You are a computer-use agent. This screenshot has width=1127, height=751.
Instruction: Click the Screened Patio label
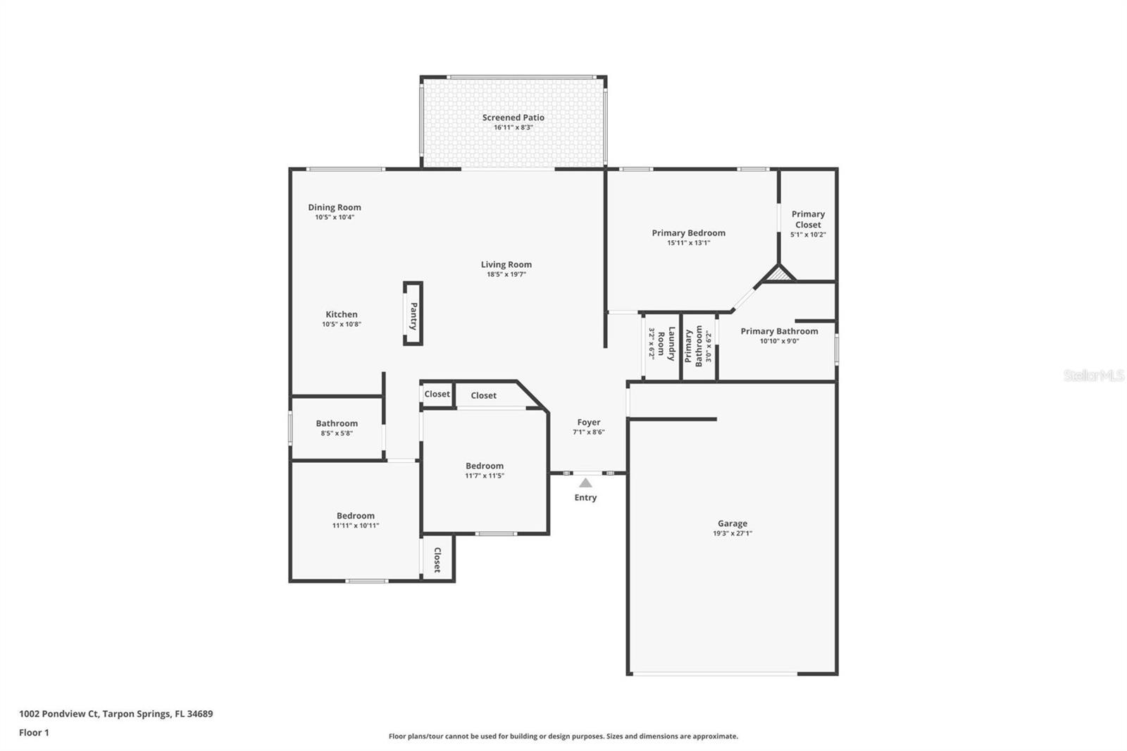513,118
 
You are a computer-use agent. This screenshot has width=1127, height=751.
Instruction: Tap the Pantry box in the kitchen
413,314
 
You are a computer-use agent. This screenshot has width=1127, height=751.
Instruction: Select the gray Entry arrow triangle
585,483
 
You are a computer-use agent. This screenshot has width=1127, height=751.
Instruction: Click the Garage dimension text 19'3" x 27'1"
732,533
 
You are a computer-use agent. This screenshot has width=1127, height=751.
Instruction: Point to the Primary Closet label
808,219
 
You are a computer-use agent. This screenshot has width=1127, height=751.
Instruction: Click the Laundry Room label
666,345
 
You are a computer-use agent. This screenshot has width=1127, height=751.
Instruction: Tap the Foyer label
589,423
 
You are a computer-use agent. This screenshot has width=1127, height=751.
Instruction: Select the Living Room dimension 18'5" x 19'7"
506,275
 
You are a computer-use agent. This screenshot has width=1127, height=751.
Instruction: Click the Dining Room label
335,207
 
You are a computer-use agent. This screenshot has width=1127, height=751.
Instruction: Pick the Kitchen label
342,314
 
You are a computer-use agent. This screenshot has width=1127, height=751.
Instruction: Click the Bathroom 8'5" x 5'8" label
337,423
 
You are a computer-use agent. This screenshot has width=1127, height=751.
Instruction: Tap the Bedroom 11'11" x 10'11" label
356,516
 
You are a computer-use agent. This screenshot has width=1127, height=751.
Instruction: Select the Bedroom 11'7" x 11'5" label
485,466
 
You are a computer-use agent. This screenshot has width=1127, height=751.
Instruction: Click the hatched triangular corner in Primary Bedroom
779,275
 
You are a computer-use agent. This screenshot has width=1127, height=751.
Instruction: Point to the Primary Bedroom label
688,233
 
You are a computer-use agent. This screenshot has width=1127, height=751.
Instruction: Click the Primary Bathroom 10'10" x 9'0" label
779,331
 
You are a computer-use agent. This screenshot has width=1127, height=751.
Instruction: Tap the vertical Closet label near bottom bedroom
437,559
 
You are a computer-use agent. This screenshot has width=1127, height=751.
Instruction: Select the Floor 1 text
34,733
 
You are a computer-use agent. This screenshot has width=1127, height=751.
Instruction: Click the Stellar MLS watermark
1093,375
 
